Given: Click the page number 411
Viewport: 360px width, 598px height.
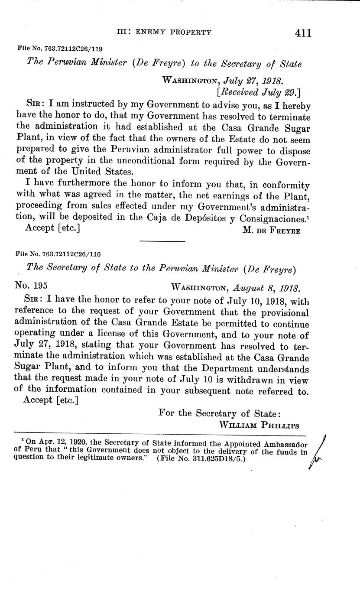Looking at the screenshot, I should tap(302, 32).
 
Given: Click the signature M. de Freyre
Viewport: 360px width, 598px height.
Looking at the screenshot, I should tap(271, 230).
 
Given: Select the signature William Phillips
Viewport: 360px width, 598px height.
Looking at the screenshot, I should tap(259, 425).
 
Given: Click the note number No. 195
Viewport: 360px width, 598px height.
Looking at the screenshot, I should tap(31, 286).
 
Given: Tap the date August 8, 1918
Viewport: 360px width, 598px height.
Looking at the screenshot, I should tap(266, 287).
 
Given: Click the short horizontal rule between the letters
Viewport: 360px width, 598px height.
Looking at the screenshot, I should tap(162, 241).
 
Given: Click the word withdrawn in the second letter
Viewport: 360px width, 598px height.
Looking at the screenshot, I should tap(260, 380).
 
